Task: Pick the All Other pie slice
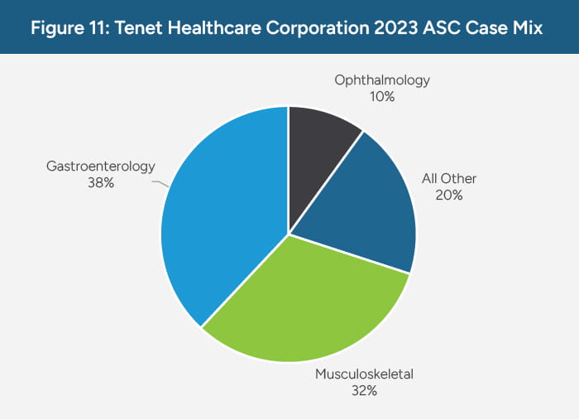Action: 364,207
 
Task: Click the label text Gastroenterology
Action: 101,167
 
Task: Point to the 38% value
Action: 101,183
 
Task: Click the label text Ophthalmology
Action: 383,80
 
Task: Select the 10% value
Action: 383,97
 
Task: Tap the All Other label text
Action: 449,179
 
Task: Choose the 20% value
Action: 449,196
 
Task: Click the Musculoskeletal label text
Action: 364,374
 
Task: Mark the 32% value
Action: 364,391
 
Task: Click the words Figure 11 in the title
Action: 69,27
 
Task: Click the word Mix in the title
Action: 527,27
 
